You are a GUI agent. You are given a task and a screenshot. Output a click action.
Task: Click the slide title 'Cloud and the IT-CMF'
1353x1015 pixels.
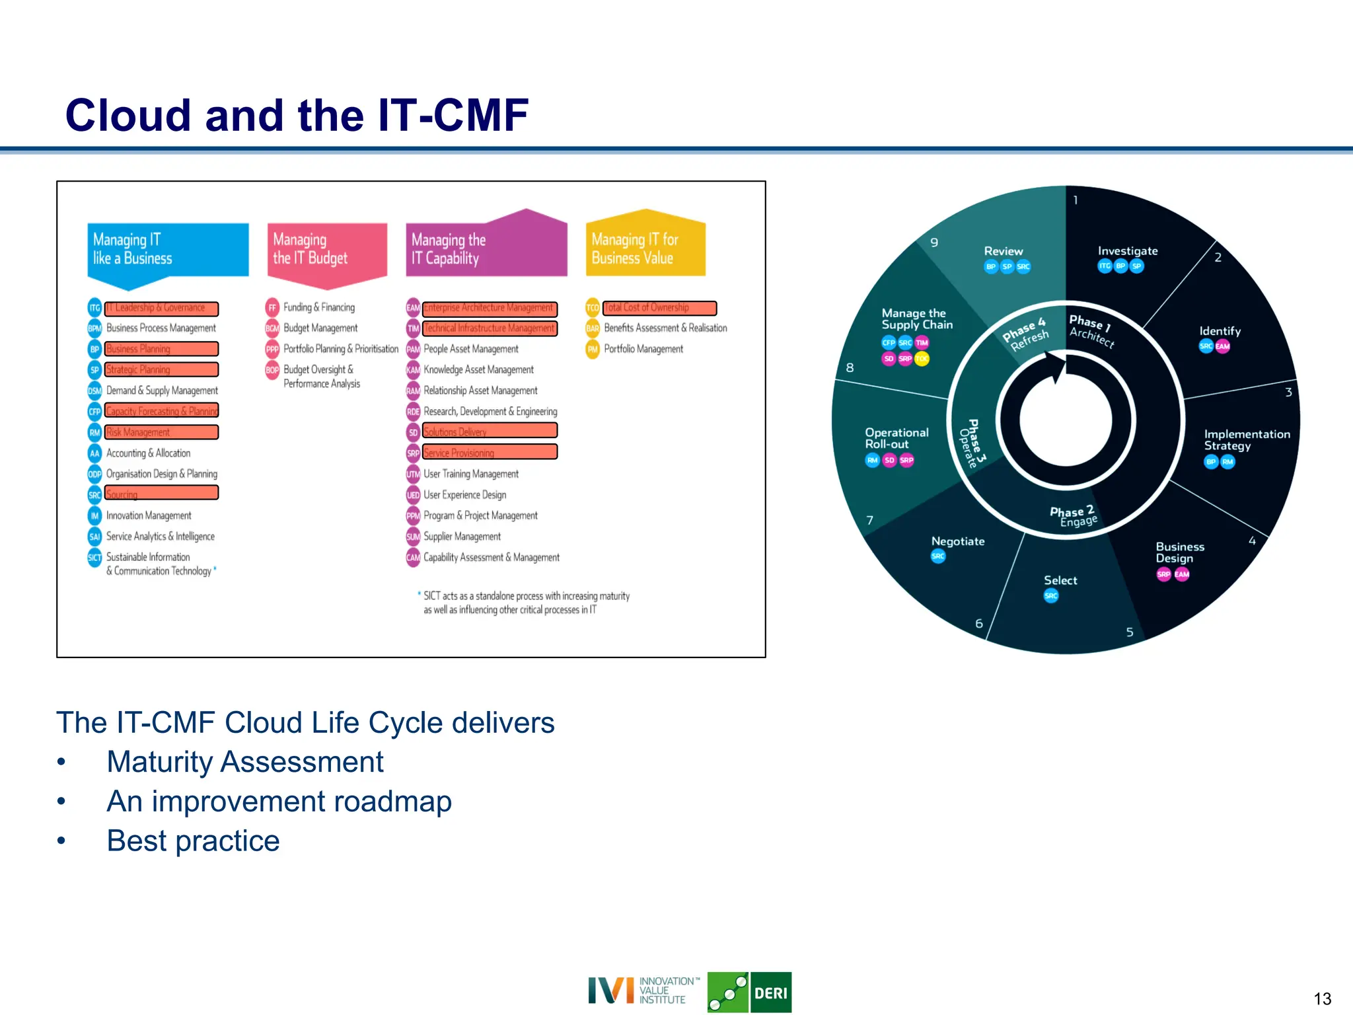pyautogui.click(x=297, y=115)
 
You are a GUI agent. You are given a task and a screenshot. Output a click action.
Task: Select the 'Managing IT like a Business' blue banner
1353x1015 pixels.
pyautogui.click(x=168, y=250)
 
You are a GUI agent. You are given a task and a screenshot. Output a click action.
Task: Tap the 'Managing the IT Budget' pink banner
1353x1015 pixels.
pyautogui.click(x=326, y=250)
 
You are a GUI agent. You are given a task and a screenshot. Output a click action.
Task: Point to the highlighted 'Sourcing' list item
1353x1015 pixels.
pyautogui.click(x=161, y=494)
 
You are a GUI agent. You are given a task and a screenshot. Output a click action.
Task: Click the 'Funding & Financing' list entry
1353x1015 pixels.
pyautogui.click(x=318, y=307)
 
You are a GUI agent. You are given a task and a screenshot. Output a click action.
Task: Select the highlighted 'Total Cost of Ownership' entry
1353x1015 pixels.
pyautogui.click(x=659, y=308)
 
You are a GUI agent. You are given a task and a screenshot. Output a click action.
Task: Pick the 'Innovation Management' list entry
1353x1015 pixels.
pyautogui.click(x=149, y=515)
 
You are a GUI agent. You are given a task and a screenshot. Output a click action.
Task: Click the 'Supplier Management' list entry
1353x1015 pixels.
pyautogui.click(x=462, y=537)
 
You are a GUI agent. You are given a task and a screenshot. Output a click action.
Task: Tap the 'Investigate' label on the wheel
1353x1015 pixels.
pyautogui.click(x=1127, y=251)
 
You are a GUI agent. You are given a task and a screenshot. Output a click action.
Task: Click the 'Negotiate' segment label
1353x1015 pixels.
pyautogui.click(x=957, y=541)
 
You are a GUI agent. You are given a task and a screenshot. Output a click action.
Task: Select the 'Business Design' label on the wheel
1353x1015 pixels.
pyautogui.click(x=1179, y=552)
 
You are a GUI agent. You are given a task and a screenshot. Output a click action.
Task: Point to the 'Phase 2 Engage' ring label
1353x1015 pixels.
pyautogui.click(x=1074, y=516)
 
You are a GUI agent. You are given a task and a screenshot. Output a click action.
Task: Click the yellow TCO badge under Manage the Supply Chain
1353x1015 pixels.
pyautogui.click(x=922, y=359)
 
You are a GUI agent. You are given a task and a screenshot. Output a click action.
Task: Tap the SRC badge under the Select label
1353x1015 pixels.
pyautogui.click(x=1050, y=596)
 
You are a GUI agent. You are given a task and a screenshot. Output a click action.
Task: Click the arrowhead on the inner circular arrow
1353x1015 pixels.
pyautogui.click(x=1058, y=367)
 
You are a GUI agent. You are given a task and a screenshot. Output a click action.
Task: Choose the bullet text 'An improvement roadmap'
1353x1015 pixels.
pyautogui.click(x=279, y=802)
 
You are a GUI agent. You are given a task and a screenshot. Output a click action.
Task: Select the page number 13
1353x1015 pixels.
pyautogui.click(x=1322, y=998)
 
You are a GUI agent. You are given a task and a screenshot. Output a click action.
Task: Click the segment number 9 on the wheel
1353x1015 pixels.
pyautogui.click(x=934, y=243)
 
